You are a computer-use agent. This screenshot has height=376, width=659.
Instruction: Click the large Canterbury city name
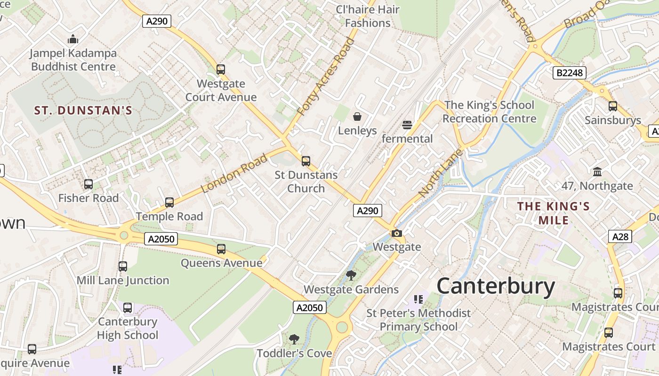(496, 286)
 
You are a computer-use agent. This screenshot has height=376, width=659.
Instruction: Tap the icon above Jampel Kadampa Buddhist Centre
(73, 39)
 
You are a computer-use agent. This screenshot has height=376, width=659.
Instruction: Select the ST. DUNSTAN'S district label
(83, 111)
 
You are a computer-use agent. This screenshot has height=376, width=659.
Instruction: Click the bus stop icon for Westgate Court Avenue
(221, 70)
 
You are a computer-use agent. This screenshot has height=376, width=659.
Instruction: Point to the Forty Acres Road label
(326, 77)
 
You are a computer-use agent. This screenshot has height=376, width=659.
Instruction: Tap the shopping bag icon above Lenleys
(357, 116)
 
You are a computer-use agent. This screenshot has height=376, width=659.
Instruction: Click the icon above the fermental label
(407, 125)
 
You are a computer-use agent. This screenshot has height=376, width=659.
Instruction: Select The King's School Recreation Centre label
(489, 112)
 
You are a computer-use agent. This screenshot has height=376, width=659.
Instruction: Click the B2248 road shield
(569, 72)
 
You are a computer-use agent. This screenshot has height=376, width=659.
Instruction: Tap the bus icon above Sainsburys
(612, 106)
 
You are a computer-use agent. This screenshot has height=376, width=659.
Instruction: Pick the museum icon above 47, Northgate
(597, 172)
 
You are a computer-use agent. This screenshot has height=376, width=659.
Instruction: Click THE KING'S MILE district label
(554, 213)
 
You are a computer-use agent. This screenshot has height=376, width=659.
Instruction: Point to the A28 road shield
(620, 236)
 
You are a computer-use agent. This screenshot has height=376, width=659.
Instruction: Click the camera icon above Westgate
(397, 233)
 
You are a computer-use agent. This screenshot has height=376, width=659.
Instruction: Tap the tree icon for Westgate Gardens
(351, 275)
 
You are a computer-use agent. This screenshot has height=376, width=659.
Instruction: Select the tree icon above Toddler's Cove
(294, 339)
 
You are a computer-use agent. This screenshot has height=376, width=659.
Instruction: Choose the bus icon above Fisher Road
(88, 184)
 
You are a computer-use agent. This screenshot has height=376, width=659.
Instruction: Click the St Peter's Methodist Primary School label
(418, 320)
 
